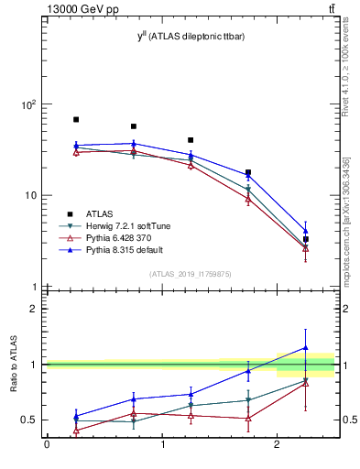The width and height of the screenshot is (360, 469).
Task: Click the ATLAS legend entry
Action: (x=100, y=213)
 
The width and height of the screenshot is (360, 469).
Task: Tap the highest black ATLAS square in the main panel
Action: (x=76, y=120)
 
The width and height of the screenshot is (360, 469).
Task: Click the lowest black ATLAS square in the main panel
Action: (x=306, y=239)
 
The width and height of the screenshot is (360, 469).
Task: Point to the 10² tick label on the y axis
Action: (x=29, y=104)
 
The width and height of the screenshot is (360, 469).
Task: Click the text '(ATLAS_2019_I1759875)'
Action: (x=191, y=273)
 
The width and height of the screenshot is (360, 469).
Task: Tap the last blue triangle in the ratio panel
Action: (x=306, y=348)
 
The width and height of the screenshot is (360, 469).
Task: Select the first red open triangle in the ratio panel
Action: (x=76, y=430)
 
